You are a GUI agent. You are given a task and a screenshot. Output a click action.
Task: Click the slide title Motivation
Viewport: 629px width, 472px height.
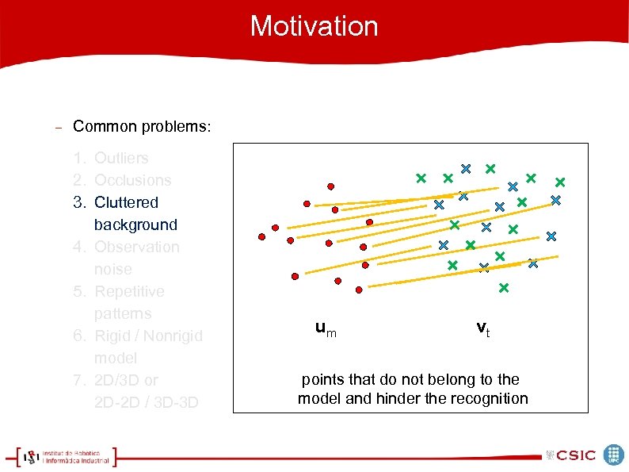pyautogui.click(x=314, y=26)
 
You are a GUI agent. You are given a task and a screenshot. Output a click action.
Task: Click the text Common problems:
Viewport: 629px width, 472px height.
pyautogui.click(x=142, y=127)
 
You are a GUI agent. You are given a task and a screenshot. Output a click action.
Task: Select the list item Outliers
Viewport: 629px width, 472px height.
pyautogui.click(x=121, y=158)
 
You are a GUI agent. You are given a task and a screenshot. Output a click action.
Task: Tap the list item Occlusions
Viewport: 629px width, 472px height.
pyautogui.click(x=132, y=180)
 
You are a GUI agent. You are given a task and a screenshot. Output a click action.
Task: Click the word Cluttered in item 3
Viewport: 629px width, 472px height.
pyautogui.click(x=126, y=202)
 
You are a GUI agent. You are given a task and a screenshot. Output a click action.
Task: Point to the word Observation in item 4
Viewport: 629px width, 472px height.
pyautogui.click(x=136, y=247)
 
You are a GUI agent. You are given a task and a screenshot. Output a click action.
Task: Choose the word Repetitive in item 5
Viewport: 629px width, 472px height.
pyautogui.click(x=129, y=291)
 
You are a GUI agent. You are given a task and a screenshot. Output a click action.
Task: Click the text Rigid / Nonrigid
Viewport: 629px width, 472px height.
pyautogui.click(x=148, y=336)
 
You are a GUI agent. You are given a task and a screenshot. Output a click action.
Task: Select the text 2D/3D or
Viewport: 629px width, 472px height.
pyautogui.click(x=126, y=380)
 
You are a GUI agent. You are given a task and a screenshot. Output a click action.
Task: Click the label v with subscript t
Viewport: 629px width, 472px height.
pyautogui.click(x=482, y=328)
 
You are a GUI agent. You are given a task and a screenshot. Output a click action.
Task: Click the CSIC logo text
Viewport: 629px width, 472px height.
pyautogui.click(x=575, y=455)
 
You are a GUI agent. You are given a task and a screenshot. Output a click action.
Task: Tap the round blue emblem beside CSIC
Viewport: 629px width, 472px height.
pyautogui.click(x=613, y=455)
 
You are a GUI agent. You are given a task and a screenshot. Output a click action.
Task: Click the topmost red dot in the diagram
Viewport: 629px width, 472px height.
pyautogui.click(x=330, y=186)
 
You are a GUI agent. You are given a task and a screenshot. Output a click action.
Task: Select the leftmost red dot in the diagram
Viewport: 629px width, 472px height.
pyautogui.click(x=261, y=236)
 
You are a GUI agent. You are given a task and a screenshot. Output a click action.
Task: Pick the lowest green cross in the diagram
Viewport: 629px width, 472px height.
pyautogui.click(x=503, y=288)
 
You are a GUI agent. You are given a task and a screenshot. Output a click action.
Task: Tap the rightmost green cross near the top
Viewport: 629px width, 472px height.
pyautogui.click(x=559, y=182)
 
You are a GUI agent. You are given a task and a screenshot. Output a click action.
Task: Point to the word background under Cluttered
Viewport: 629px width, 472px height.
pyautogui.click(x=135, y=224)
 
